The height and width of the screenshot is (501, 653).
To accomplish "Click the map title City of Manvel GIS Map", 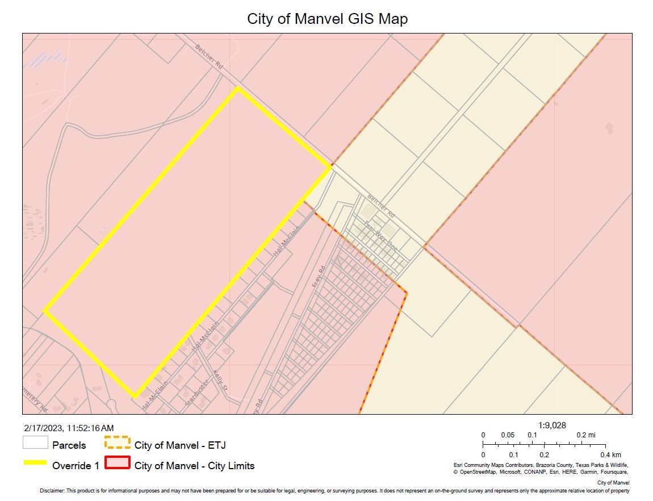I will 327,19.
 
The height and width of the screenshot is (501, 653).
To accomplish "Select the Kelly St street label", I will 220,381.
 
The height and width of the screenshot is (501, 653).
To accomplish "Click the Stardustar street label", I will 197,392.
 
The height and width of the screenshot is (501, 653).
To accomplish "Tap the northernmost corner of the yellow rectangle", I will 238,88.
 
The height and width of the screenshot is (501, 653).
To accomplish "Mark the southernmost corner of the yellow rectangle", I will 135,396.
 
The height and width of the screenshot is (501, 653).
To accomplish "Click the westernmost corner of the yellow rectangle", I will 45,311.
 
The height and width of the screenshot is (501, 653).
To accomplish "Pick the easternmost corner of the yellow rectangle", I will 330,167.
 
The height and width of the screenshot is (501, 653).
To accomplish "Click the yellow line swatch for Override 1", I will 35,463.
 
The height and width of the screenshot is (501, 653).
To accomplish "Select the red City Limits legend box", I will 117,464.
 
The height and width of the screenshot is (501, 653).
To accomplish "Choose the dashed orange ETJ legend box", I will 117,443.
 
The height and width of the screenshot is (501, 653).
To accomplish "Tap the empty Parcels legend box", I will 35,443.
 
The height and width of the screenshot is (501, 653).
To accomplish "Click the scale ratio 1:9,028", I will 552,425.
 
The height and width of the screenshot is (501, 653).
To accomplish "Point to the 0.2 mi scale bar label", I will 586,435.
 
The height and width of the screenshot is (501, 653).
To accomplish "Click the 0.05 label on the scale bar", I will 508,435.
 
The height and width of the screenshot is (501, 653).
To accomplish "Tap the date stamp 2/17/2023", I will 44,428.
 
